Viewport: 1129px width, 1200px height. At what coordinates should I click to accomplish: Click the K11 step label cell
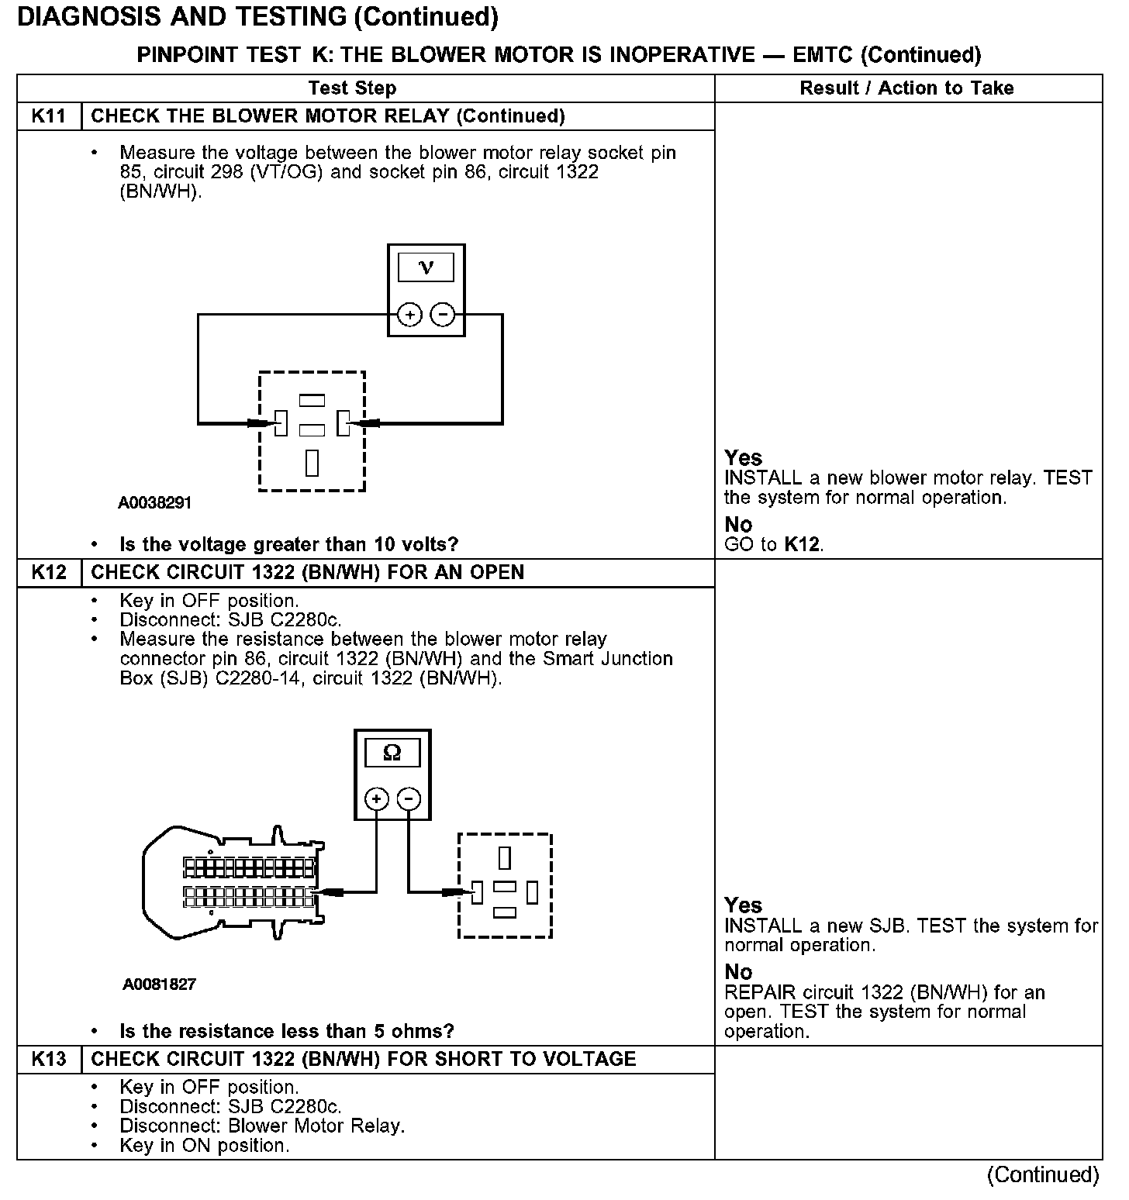(48, 116)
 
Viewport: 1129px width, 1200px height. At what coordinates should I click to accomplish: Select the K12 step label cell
(48, 573)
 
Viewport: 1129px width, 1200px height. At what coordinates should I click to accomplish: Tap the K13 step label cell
(48, 1060)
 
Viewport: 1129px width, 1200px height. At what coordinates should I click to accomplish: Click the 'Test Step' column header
(352, 88)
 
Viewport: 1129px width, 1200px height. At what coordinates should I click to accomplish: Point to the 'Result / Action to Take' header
(906, 88)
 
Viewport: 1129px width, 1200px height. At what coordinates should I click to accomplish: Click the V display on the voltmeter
(426, 267)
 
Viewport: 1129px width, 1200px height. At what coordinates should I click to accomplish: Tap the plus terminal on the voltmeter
(409, 315)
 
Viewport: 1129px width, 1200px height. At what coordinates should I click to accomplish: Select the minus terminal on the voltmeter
(442, 315)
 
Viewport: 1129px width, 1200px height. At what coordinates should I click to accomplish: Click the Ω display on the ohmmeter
(392, 753)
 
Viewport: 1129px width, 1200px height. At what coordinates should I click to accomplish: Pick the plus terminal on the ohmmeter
(377, 799)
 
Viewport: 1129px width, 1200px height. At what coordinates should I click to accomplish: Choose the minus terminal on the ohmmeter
(409, 799)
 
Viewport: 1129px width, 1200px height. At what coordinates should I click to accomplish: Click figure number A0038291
(154, 503)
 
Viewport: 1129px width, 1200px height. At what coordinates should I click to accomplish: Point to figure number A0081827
(159, 984)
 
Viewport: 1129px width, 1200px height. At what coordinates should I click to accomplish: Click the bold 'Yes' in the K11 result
(743, 457)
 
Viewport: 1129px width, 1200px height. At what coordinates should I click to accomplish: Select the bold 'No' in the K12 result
(738, 972)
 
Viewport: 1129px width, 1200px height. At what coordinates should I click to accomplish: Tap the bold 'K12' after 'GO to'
(802, 544)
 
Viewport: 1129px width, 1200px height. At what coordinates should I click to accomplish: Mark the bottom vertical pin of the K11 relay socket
(312, 462)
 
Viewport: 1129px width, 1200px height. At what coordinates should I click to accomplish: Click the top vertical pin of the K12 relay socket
(505, 858)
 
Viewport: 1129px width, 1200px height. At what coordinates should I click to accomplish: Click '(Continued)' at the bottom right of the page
(1042, 1175)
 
